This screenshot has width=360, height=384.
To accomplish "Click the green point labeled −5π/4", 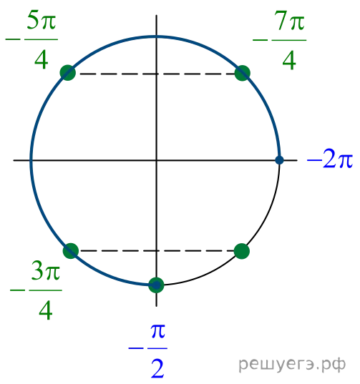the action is point(68,73).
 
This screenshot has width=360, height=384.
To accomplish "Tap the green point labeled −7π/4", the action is point(243,73).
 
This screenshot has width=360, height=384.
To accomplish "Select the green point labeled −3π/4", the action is point(71,251).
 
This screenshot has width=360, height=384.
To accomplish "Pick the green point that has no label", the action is point(242,251).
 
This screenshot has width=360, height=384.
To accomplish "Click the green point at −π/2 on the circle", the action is point(156,285).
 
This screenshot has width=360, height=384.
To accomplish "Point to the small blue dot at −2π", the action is point(279,160).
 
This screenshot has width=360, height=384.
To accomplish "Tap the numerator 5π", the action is point(42,21).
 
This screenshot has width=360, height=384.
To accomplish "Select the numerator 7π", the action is point(289,21).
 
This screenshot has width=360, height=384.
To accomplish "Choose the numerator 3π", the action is point(46,271).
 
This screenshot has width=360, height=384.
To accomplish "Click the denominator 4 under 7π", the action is point(289,60).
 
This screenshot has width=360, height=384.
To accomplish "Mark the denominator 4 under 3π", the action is point(46,310).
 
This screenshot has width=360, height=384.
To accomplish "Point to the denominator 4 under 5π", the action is point(42,60).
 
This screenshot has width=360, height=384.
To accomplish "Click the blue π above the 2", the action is point(158,331).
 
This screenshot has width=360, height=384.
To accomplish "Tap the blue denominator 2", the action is point(157,368).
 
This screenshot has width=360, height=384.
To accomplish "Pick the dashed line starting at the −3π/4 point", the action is point(156,251).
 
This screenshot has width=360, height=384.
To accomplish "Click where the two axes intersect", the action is point(156,160).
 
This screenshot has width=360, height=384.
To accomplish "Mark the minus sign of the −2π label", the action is point(314,160).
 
